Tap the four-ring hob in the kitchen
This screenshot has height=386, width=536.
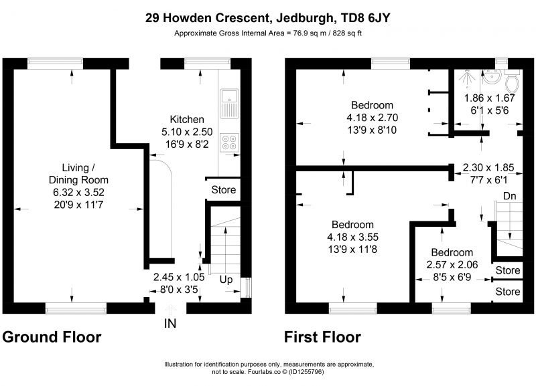click(x=229, y=142)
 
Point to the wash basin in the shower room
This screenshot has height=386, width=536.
click(x=492, y=76)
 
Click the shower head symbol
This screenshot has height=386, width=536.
click(x=467, y=77)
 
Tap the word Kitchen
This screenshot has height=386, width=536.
click(x=187, y=120)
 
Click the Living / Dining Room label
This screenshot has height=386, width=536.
click(x=78, y=174)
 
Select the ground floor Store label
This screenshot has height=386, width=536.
click(x=224, y=190)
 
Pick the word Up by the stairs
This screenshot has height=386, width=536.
click(x=226, y=280)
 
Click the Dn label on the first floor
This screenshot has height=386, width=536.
click(x=509, y=196)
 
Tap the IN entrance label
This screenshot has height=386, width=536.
click(x=170, y=323)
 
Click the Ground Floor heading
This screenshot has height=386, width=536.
click(x=52, y=337)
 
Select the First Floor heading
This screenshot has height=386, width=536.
click(x=322, y=337)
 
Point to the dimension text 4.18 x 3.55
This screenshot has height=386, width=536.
click(x=353, y=237)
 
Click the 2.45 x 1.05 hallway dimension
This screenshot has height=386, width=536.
click(x=179, y=277)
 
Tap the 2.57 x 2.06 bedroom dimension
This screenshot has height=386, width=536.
click(x=452, y=264)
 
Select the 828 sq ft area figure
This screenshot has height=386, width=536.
click(x=347, y=33)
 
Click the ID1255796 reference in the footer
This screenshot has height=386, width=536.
click(x=306, y=372)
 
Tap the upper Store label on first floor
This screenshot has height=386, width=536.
click(x=508, y=270)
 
